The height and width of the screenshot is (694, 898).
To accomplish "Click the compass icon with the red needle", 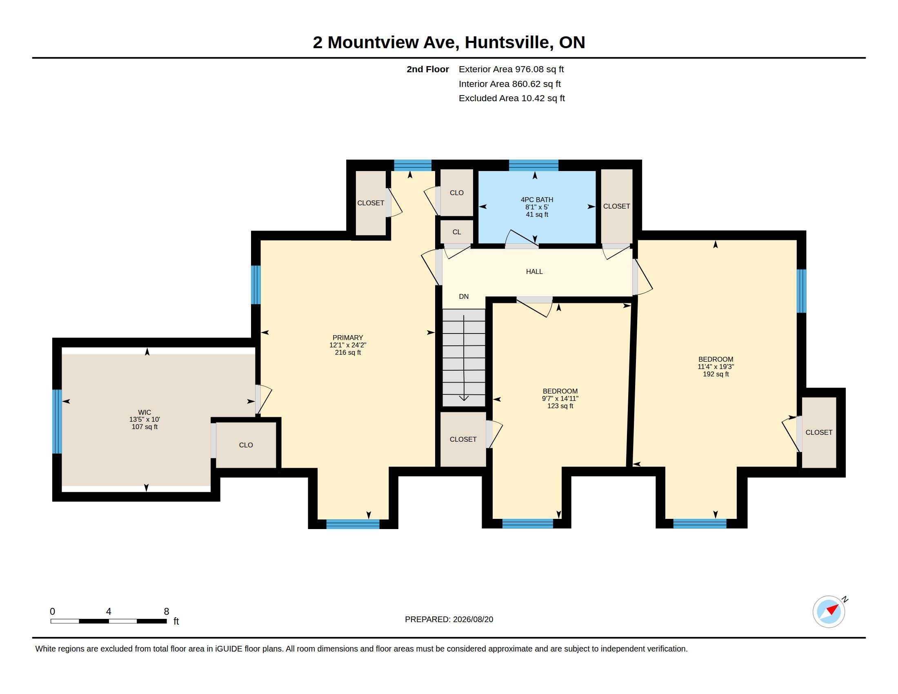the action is [829, 612].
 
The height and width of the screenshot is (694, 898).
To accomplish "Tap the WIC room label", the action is [144, 412].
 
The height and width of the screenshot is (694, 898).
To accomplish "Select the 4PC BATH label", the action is [537, 200].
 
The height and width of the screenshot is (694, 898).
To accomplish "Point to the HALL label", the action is [534, 271].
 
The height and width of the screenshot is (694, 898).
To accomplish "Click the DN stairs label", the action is [464, 296].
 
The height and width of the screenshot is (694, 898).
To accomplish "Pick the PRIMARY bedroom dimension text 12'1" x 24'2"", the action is [348, 345].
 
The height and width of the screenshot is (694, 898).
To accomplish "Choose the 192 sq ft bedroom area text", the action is [716, 374].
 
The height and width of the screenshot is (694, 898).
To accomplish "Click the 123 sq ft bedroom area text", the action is [560, 406].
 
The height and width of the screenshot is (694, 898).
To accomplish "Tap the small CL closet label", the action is [457, 232].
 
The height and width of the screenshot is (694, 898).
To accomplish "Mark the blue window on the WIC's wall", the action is [57, 421].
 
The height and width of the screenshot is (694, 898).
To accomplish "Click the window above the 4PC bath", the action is [534, 165].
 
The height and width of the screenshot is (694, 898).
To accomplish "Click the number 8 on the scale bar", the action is [167, 612].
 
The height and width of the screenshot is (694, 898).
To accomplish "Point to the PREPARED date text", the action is [449, 619].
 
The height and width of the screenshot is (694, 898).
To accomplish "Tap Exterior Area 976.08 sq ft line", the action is [511, 69].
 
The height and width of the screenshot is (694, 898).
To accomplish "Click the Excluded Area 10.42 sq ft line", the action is [511, 98].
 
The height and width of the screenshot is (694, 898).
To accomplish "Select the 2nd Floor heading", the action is [428, 69].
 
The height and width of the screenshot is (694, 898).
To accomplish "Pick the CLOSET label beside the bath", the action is [616, 207].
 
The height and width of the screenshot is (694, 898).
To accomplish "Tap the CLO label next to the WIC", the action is [246, 445].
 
